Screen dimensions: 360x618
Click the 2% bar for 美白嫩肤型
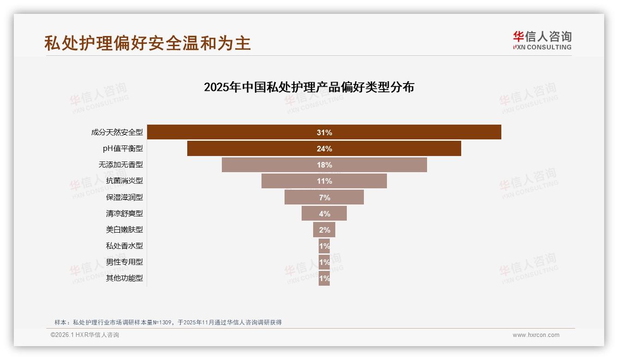pyautogui.click(x=324, y=230)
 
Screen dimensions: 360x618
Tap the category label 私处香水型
pyautogui.click(x=124, y=246)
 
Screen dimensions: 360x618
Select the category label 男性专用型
pyautogui.click(x=124, y=262)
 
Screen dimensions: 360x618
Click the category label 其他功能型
pyautogui.click(x=124, y=278)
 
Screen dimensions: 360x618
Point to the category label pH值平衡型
pyautogui.click(x=123, y=149)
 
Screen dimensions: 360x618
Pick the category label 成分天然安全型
pyautogui.click(x=117, y=132)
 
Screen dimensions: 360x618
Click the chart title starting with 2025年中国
pyautogui.click(x=309, y=87)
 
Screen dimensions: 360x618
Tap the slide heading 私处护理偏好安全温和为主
pyautogui.click(x=148, y=43)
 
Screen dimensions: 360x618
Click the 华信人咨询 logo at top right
pyautogui.click(x=542, y=40)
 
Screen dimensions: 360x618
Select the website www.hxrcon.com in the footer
pyautogui.click(x=536, y=335)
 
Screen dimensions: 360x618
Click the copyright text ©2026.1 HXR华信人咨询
pyautogui.click(x=85, y=335)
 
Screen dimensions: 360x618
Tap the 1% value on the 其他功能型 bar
pyautogui.click(x=324, y=278)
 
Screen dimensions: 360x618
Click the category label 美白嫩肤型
pyautogui.click(x=124, y=230)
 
